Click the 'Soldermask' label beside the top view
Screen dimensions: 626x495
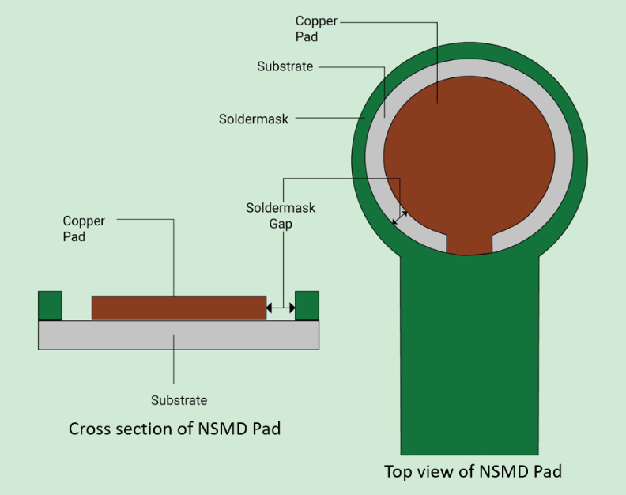[254, 119]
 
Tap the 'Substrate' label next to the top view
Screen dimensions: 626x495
[285, 66]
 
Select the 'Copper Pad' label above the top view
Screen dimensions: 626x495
[316, 28]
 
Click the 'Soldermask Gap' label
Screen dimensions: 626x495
[281, 216]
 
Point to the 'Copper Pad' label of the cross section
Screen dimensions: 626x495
[84, 229]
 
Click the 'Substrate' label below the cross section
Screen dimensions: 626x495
[179, 400]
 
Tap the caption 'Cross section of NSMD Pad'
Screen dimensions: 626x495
[175, 429]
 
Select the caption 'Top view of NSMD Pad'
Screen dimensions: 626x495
[473, 471]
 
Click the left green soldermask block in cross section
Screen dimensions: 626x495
[50, 306]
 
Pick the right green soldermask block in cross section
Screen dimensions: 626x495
[307, 306]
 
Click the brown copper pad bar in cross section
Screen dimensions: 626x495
[179, 308]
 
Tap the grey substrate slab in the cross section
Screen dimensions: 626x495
[179, 335]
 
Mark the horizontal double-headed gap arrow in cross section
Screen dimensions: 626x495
[281, 308]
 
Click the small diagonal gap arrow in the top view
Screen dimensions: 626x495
[400, 217]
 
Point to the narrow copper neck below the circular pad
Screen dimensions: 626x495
[469, 244]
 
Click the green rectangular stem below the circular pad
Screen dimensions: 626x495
[469, 355]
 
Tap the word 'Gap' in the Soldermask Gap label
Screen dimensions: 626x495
[281, 224]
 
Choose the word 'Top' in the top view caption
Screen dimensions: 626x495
[398, 472]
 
